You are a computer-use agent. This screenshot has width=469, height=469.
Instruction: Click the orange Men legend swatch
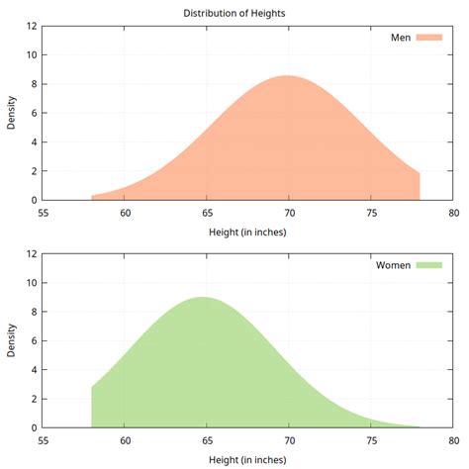click(x=428, y=38)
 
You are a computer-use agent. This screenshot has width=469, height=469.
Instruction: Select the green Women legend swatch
click(x=428, y=265)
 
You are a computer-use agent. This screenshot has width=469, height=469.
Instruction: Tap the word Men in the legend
click(x=400, y=38)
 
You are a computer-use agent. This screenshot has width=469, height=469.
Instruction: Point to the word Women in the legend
click(x=393, y=265)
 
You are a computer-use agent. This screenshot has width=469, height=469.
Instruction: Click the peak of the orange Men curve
click(x=288, y=76)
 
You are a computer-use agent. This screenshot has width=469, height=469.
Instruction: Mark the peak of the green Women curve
click(x=203, y=298)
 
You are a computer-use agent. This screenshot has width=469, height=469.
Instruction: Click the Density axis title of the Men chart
click(x=12, y=113)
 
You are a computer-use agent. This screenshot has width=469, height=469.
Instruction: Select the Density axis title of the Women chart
click(x=12, y=340)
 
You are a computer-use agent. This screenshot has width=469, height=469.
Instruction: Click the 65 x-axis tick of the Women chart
click(x=207, y=440)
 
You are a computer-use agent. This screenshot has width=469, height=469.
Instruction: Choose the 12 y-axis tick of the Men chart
click(x=32, y=27)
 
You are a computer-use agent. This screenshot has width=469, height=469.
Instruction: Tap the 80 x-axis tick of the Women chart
click(x=452, y=440)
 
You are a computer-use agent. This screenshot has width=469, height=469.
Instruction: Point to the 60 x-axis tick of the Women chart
click(x=126, y=440)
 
